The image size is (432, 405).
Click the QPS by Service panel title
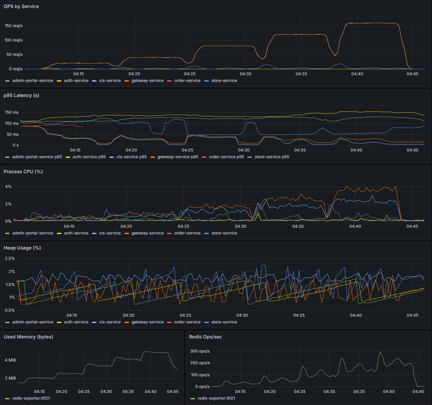pyautogui.click(x=21, y=6)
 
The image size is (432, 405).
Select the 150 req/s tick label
pyautogui.click(x=14, y=26)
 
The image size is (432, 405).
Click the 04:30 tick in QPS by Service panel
pyautogui.click(x=245, y=74)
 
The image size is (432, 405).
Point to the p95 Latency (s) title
pyautogui.click(x=21, y=95)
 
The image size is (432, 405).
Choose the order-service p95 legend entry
pyautogui.click(x=226, y=157)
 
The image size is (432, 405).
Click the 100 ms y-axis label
pyautogui.click(x=12, y=123)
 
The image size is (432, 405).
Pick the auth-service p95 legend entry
pyautogui.click(x=89, y=157)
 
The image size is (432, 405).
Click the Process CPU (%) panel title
pyautogui.click(x=23, y=172)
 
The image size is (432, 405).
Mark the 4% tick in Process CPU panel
pyautogui.click(x=8, y=187)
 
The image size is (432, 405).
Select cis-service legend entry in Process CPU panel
pyautogui.click(x=110, y=233)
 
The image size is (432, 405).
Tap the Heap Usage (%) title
pyautogui.click(x=22, y=248)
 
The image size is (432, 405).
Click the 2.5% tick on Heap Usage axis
pyautogui.click(x=10, y=259)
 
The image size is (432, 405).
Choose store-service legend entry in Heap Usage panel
pyautogui.click(x=224, y=322)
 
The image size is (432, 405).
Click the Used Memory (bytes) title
pyautogui.click(x=28, y=337)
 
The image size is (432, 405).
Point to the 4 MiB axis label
pyautogui.click(x=10, y=360)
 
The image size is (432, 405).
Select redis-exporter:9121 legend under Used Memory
pyautogui.click(x=31, y=398)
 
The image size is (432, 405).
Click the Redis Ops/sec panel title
pyautogui.click(x=205, y=337)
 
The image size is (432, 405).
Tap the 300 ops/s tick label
pyautogui.click(x=200, y=351)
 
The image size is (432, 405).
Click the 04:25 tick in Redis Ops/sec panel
pyautogui.click(x=300, y=392)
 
